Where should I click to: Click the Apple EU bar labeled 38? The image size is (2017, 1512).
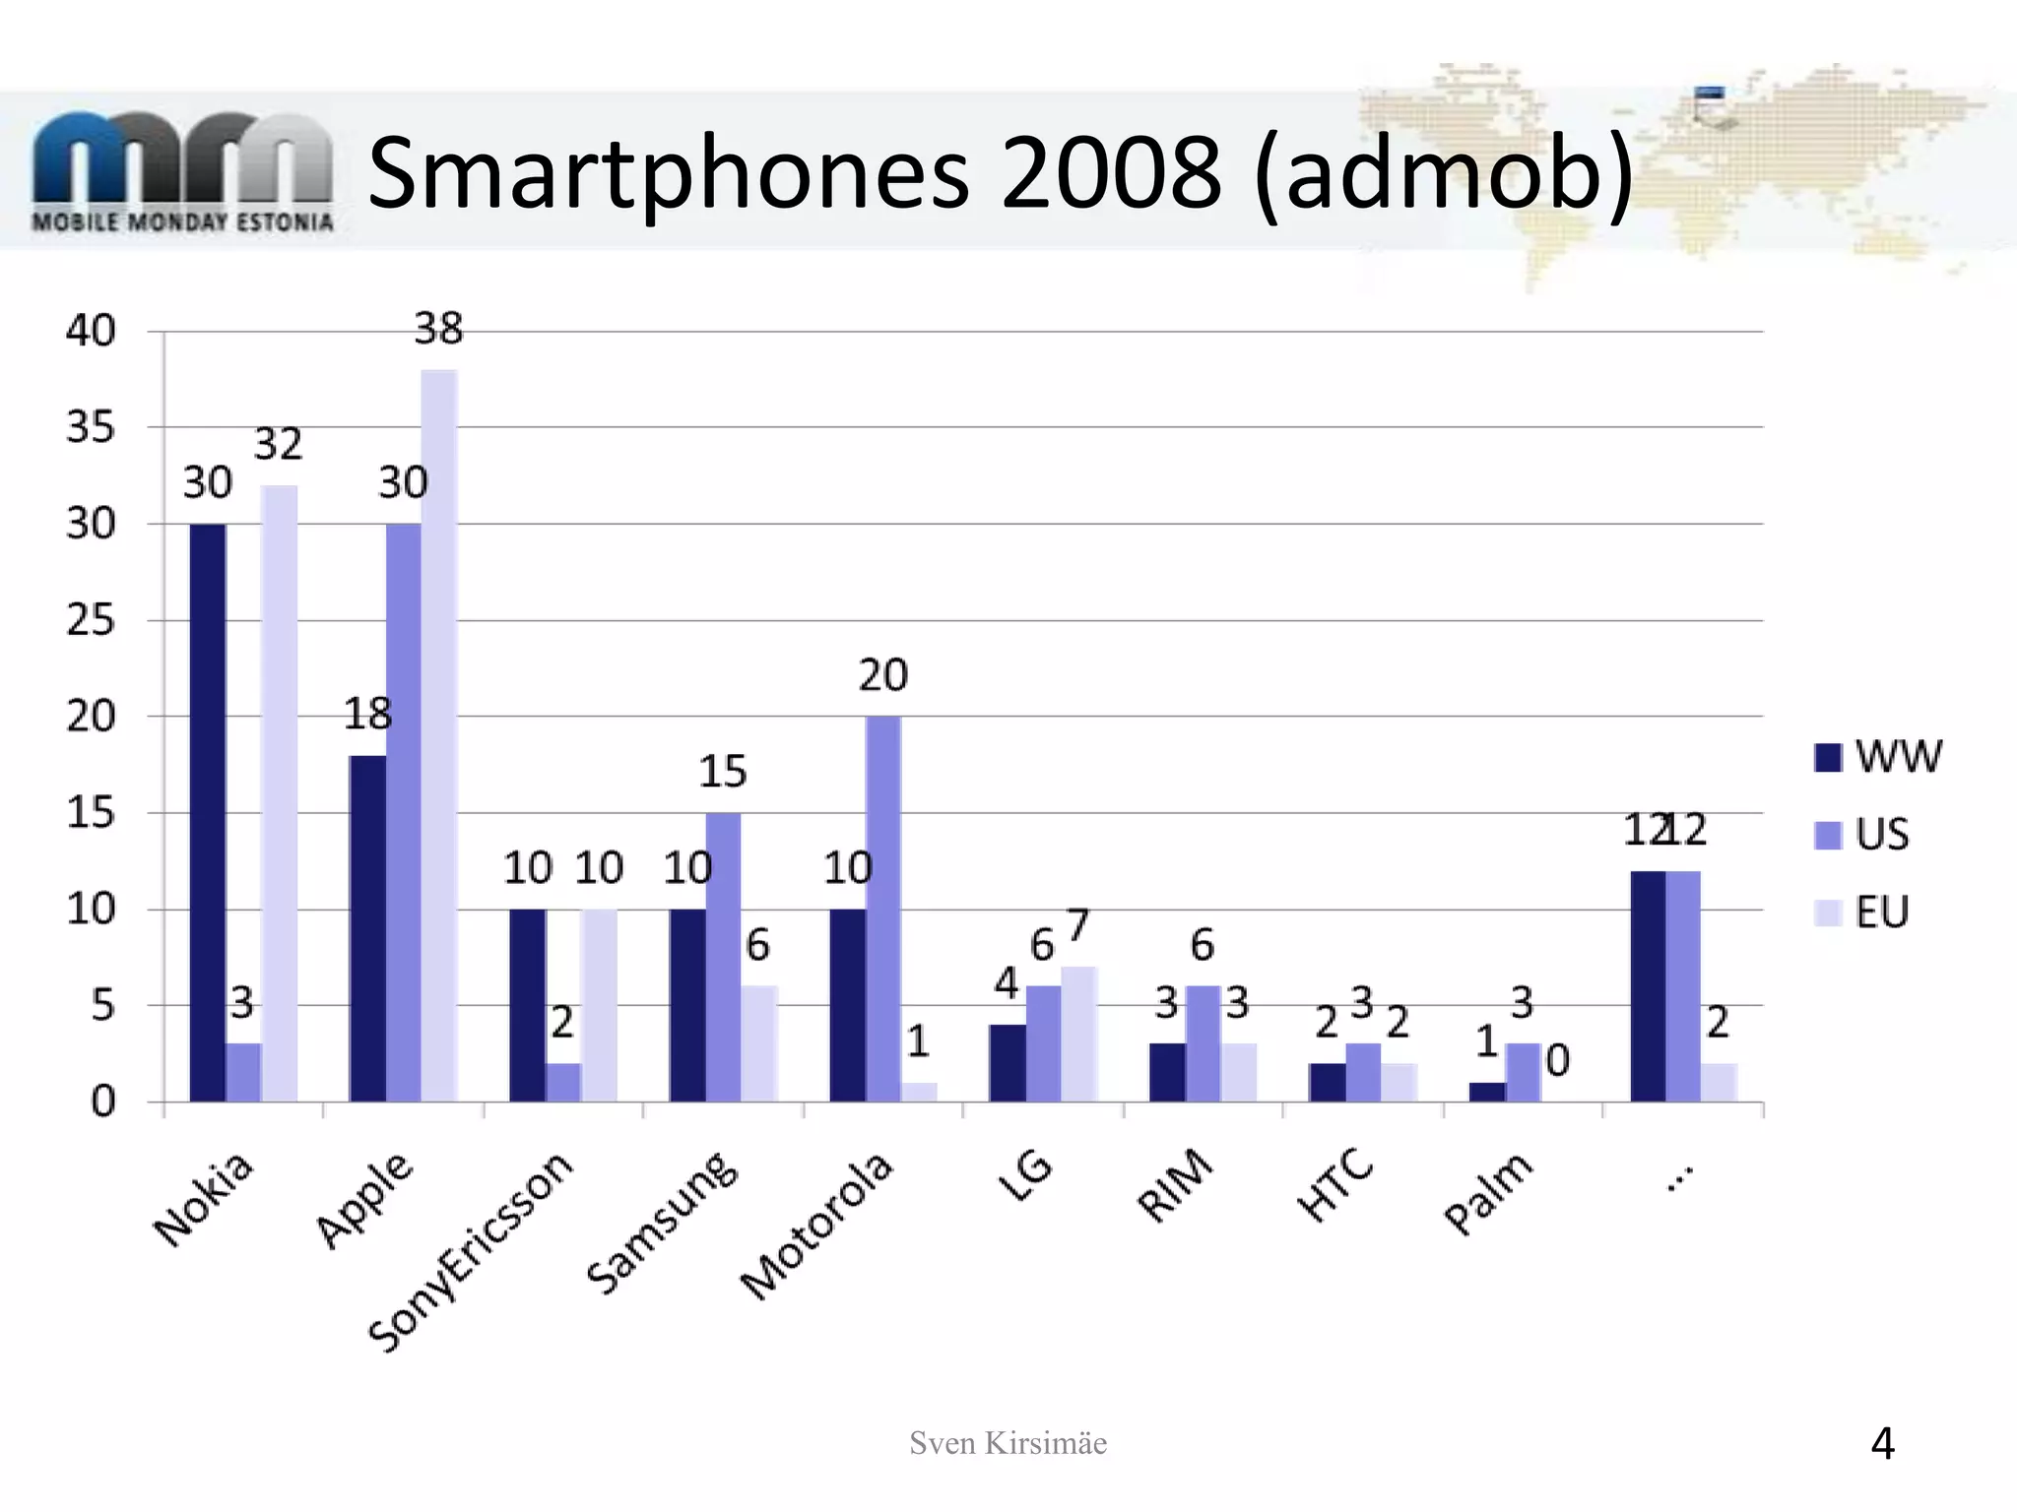point(439,735)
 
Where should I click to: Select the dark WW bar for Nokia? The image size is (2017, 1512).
point(208,812)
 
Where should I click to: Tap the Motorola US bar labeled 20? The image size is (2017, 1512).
point(883,908)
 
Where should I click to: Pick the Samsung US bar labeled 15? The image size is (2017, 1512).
point(723,956)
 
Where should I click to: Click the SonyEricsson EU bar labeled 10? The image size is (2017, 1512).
point(599,1004)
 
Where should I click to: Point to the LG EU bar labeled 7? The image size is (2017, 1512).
point(1079,1034)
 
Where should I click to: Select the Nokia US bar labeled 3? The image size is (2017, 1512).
point(243,1072)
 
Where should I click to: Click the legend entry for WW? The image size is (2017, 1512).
point(1877,757)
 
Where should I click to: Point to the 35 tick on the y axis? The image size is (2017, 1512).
point(91,428)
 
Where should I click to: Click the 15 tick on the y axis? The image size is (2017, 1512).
point(91,814)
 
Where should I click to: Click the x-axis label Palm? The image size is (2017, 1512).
point(1488,1193)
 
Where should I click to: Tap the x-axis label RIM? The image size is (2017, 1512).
point(1175,1186)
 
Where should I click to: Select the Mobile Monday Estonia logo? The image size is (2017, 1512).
point(182,172)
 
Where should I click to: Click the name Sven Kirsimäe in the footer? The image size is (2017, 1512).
point(1008,1443)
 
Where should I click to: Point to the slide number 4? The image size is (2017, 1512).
point(1882,1444)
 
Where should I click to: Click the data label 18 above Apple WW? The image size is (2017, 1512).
point(367,714)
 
